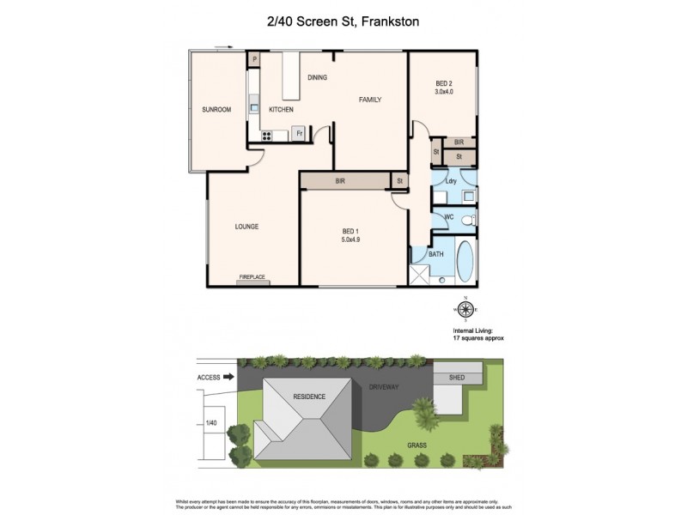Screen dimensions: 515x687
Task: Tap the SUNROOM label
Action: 216,110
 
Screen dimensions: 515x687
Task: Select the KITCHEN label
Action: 281,110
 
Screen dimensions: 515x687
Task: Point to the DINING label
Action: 317,78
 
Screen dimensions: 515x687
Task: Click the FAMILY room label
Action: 369,100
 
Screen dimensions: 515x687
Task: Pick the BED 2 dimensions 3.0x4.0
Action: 443,92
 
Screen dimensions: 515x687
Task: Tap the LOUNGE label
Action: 246,227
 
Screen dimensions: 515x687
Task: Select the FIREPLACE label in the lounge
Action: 252,277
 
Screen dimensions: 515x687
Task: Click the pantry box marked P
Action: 254,59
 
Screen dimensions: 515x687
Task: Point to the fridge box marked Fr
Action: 299,133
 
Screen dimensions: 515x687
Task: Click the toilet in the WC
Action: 467,221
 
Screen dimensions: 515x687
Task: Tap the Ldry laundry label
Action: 450,181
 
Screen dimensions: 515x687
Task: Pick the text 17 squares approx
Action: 477,339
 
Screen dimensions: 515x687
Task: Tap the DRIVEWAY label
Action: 385,388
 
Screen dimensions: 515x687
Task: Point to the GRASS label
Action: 416,445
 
